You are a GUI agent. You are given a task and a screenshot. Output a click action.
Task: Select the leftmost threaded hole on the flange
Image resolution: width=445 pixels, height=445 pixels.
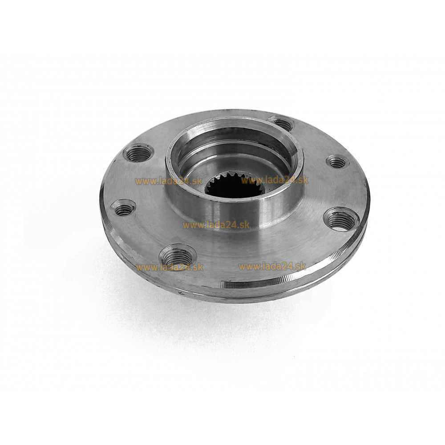(123, 207)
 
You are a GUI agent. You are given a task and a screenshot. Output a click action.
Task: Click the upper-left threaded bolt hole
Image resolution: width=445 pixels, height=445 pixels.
(138, 153)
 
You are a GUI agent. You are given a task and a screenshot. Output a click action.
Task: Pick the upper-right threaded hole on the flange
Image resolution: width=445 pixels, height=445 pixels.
(336, 162)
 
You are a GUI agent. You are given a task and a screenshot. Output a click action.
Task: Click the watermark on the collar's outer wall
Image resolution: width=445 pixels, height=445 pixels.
(216, 225)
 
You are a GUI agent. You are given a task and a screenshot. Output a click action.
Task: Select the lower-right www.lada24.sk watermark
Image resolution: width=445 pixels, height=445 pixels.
(272, 266)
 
